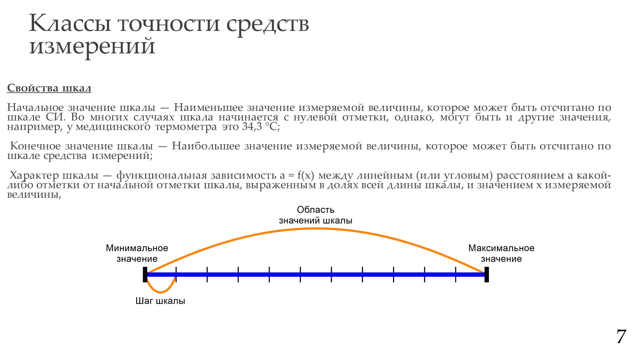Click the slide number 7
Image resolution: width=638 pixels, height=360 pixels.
pyautogui.click(x=621, y=337)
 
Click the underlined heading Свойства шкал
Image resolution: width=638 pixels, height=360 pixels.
pyautogui.click(x=49, y=88)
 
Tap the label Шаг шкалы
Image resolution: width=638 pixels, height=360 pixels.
pyautogui.click(x=160, y=301)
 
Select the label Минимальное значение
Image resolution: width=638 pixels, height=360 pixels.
pyautogui.click(x=137, y=253)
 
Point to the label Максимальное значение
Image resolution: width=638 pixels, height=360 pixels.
pyautogui.click(x=501, y=253)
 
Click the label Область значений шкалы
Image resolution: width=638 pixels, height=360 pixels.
pyautogui.click(x=316, y=215)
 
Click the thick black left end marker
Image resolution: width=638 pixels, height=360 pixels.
pyautogui.click(x=145, y=275)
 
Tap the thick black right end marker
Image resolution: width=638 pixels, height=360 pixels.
pyautogui.click(x=487, y=275)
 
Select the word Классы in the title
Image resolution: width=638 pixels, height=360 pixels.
pyautogui.click(x=70, y=24)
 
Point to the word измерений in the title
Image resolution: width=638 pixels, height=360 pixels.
pyautogui.click(x=92, y=46)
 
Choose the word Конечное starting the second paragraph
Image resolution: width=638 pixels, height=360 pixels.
pyautogui.click(x=36, y=146)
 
